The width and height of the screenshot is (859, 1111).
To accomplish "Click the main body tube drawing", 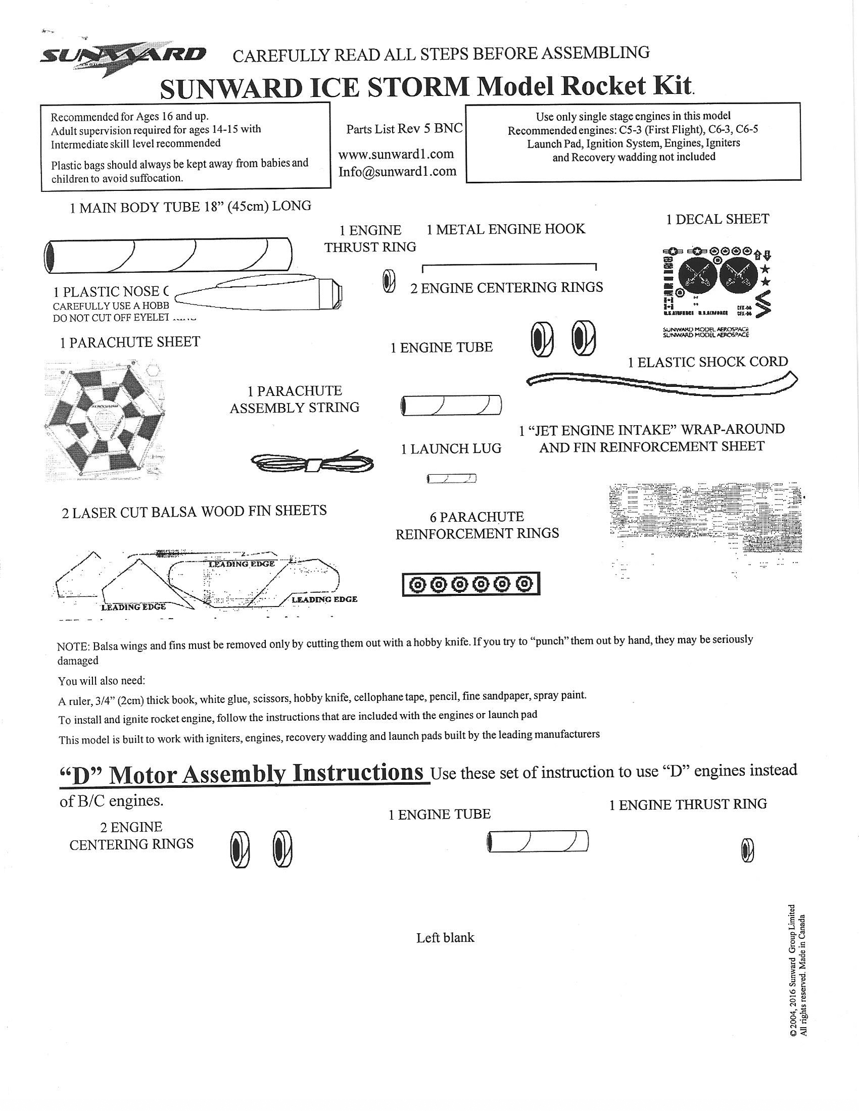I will coord(168,254).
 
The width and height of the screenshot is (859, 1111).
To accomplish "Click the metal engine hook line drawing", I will coord(509,266).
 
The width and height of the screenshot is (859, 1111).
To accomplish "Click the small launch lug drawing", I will coord(452,478).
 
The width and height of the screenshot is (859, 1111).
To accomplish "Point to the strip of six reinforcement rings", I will coord(471,584).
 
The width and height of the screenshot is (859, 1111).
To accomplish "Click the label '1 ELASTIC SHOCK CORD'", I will coord(707,362).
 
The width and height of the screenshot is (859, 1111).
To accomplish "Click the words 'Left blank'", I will coord(445,938).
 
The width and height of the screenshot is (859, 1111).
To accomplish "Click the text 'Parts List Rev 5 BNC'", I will coord(404,129).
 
